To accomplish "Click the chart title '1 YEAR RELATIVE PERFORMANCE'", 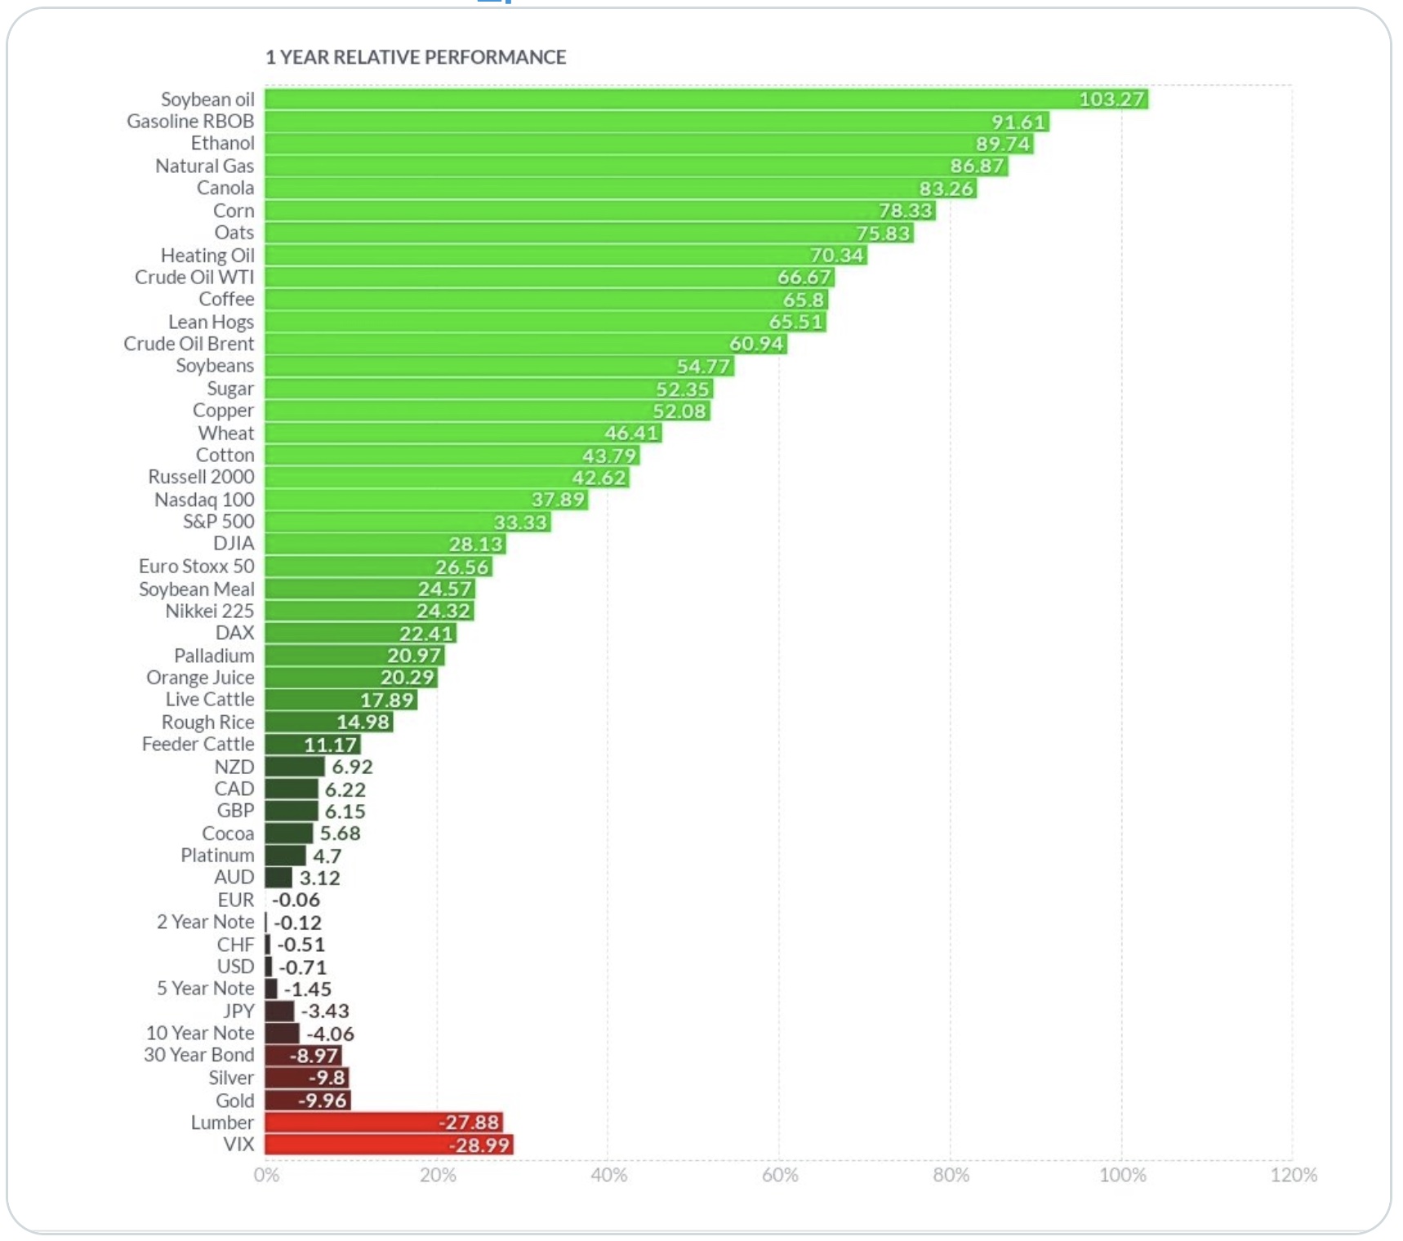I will [415, 57].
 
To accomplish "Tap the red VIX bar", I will [389, 1145].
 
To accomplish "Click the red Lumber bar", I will [384, 1123].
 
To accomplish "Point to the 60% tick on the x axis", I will [780, 1175].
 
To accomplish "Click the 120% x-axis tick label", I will [1294, 1175].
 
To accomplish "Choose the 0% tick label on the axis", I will [266, 1175].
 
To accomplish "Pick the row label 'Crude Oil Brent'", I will [189, 344].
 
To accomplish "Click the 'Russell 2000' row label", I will [201, 477].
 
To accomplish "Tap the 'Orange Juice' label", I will [200, 678].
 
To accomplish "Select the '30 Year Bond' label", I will [198, 1055].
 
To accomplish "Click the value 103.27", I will [1111, 100].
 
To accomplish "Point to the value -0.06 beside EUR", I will [296, 900].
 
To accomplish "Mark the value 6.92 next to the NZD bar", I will [352, 767].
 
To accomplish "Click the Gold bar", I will [307, 1101].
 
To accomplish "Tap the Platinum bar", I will [285, 856].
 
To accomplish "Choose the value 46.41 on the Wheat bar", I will [631, 433].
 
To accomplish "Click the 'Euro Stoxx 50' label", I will [196, 566].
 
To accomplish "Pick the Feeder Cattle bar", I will [312, 745].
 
